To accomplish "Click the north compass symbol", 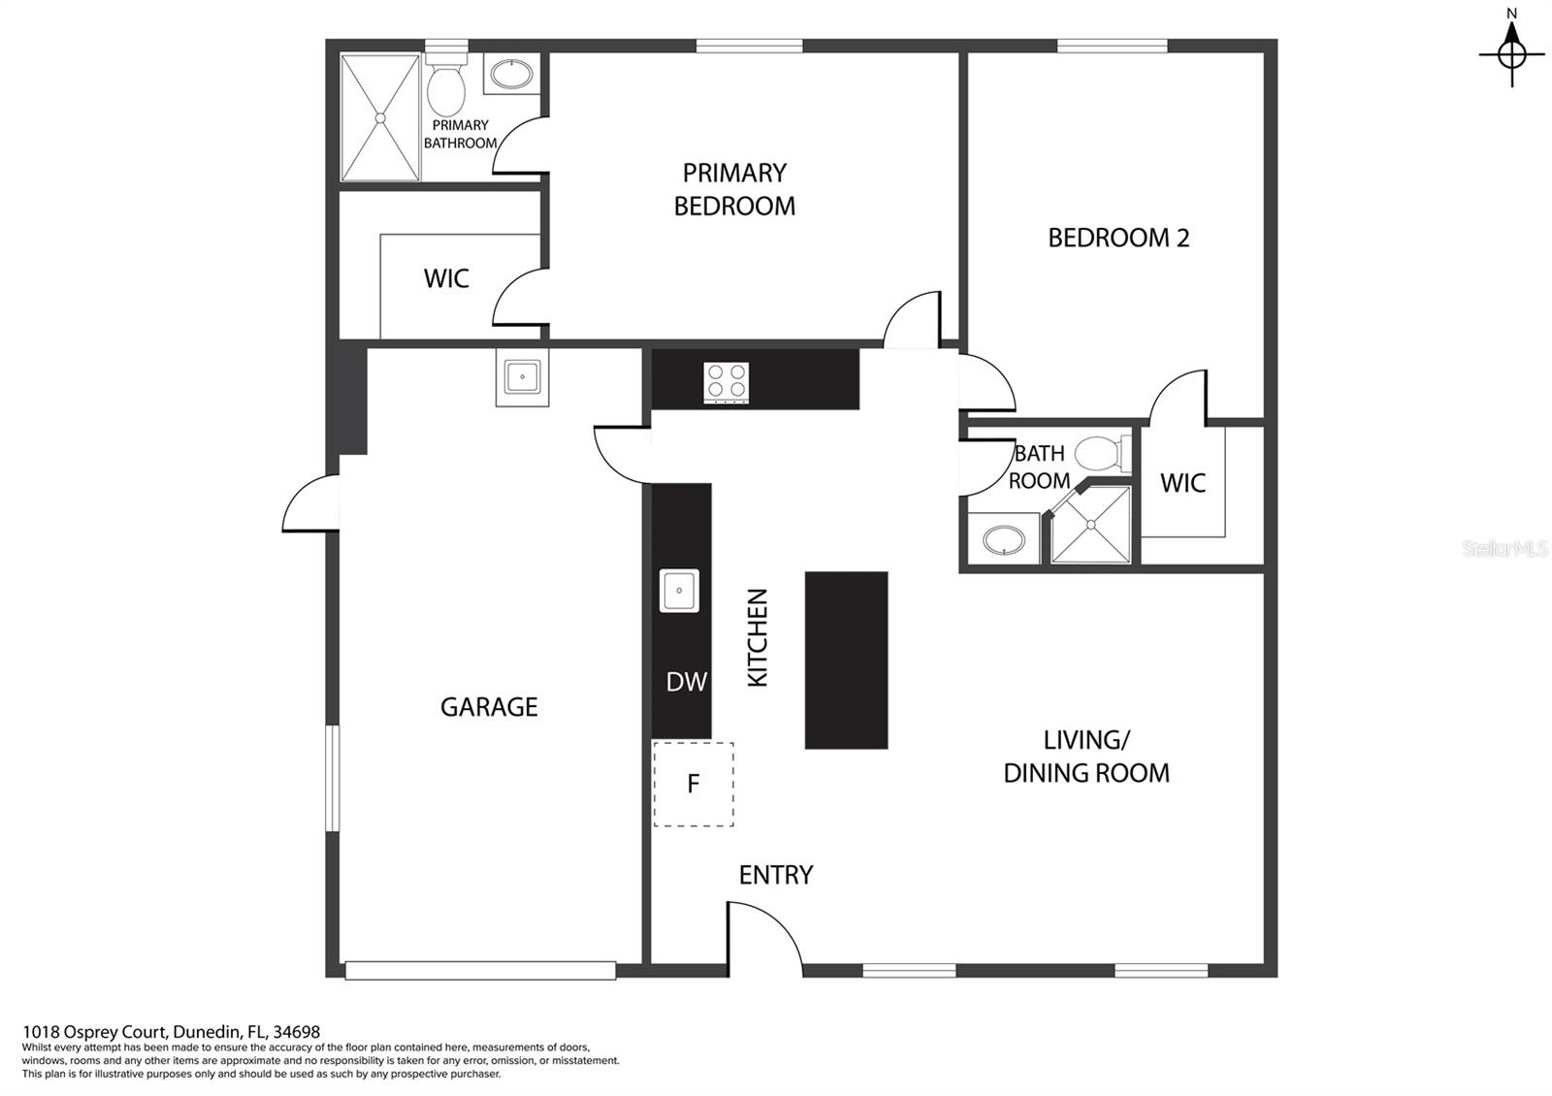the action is [x=1512, y=53].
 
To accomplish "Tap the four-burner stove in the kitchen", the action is [x=727, y=382].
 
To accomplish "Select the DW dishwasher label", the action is [x=687, y=682].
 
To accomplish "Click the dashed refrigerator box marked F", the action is [x=693, y=785].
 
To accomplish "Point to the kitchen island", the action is [x=846, y=661].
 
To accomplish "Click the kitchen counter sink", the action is [x=679, y=591].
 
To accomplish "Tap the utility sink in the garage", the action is [x=523, y=377].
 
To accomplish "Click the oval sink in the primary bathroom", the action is [x=512, y=74].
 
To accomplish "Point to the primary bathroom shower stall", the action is [x=380, y=117].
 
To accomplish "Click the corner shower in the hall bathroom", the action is [x=1090, y=525].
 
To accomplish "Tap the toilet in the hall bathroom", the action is [x=1103, y=454].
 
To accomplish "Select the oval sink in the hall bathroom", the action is [x=1004, y=539].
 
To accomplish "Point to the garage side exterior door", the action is [x=310, y=503].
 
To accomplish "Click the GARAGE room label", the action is [x=489, y=707].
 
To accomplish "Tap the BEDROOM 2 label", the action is [x=1118, y=239].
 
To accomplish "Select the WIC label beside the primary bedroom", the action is [x=446, y=278].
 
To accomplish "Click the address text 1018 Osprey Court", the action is [x=93, y=1033].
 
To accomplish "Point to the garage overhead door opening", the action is [x=481, y=971].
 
